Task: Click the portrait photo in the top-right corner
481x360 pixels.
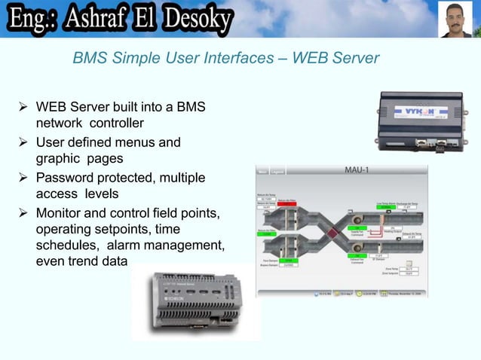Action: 455,19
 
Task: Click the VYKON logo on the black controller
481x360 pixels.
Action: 415,109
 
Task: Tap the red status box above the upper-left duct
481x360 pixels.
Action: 286,203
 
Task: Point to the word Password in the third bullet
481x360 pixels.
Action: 69,179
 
